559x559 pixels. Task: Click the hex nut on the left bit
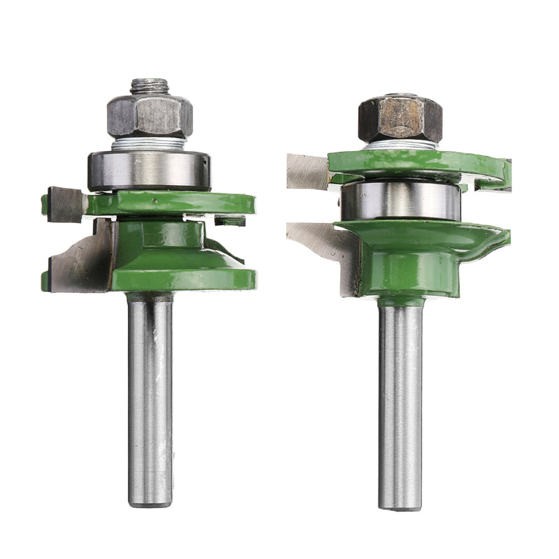click(x=150, y=115)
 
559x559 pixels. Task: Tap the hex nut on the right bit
click(x=400, y=119)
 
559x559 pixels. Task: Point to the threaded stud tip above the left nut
click(x=149, y=87)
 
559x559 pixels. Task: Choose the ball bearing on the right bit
click(x=400, y=201)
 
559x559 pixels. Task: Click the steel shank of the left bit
click(x=150, y=391)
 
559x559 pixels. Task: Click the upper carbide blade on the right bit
click(x=307, y=171)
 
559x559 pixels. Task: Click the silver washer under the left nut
click(x=149, y=143)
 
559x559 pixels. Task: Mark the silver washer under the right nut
click(x=400, y=145)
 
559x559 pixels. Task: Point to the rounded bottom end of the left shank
click(x=150, y=500)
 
